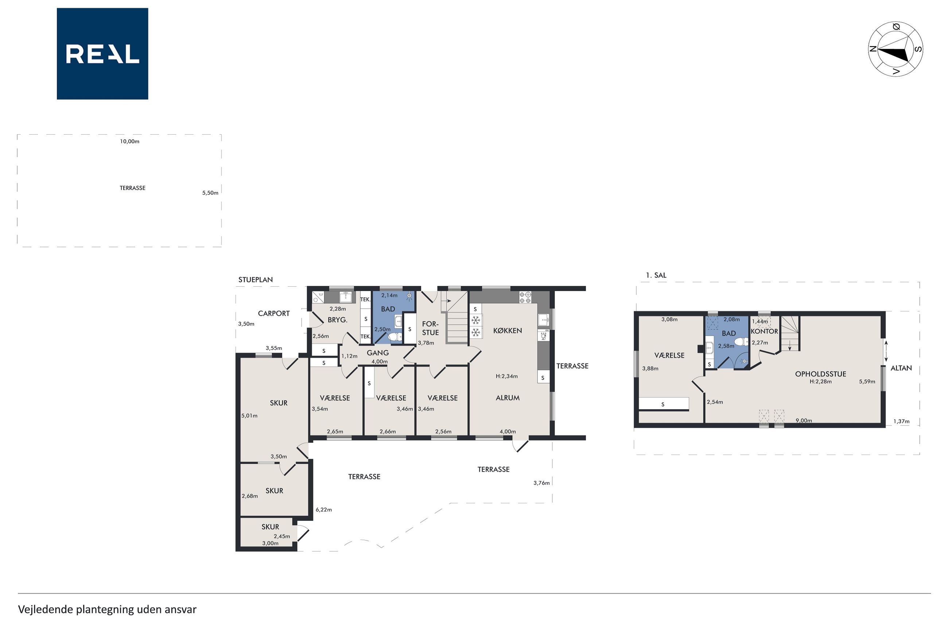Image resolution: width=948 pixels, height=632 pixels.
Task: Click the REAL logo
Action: [x=102, y=54]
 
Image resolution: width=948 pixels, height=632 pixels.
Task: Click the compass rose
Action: [x=895, y=49]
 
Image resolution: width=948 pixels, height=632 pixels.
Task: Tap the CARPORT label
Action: [x=273, y=314]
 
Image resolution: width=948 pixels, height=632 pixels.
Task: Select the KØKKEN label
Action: [x=507, y=330]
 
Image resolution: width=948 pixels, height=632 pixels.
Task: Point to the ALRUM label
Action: [x=508, y=398]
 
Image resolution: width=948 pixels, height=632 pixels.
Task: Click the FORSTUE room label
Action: [x=430, y=328]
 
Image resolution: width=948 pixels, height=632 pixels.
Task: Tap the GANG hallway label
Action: [x=377, y=353]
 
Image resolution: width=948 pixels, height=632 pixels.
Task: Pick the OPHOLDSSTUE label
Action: [x=820, y=374]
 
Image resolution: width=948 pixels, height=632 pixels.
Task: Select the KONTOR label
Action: [x=764, y=331]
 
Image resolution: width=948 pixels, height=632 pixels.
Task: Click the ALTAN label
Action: [x=901, y=368]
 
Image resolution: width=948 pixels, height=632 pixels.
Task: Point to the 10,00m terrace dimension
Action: [x=130, y=141]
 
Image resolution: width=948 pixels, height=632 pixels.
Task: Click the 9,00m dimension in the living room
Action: [x=803, y=420]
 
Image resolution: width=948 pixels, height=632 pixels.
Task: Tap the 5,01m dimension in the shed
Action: [x=249, y=415]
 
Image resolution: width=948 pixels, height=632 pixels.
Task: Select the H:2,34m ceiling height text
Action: [x=506, y=376]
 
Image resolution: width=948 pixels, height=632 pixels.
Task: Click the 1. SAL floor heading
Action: [x=656, y=275]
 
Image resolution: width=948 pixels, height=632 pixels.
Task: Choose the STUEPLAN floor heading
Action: [x=256, y=280]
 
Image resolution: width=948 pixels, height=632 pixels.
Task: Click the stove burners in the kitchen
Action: [x=525, y=297]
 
